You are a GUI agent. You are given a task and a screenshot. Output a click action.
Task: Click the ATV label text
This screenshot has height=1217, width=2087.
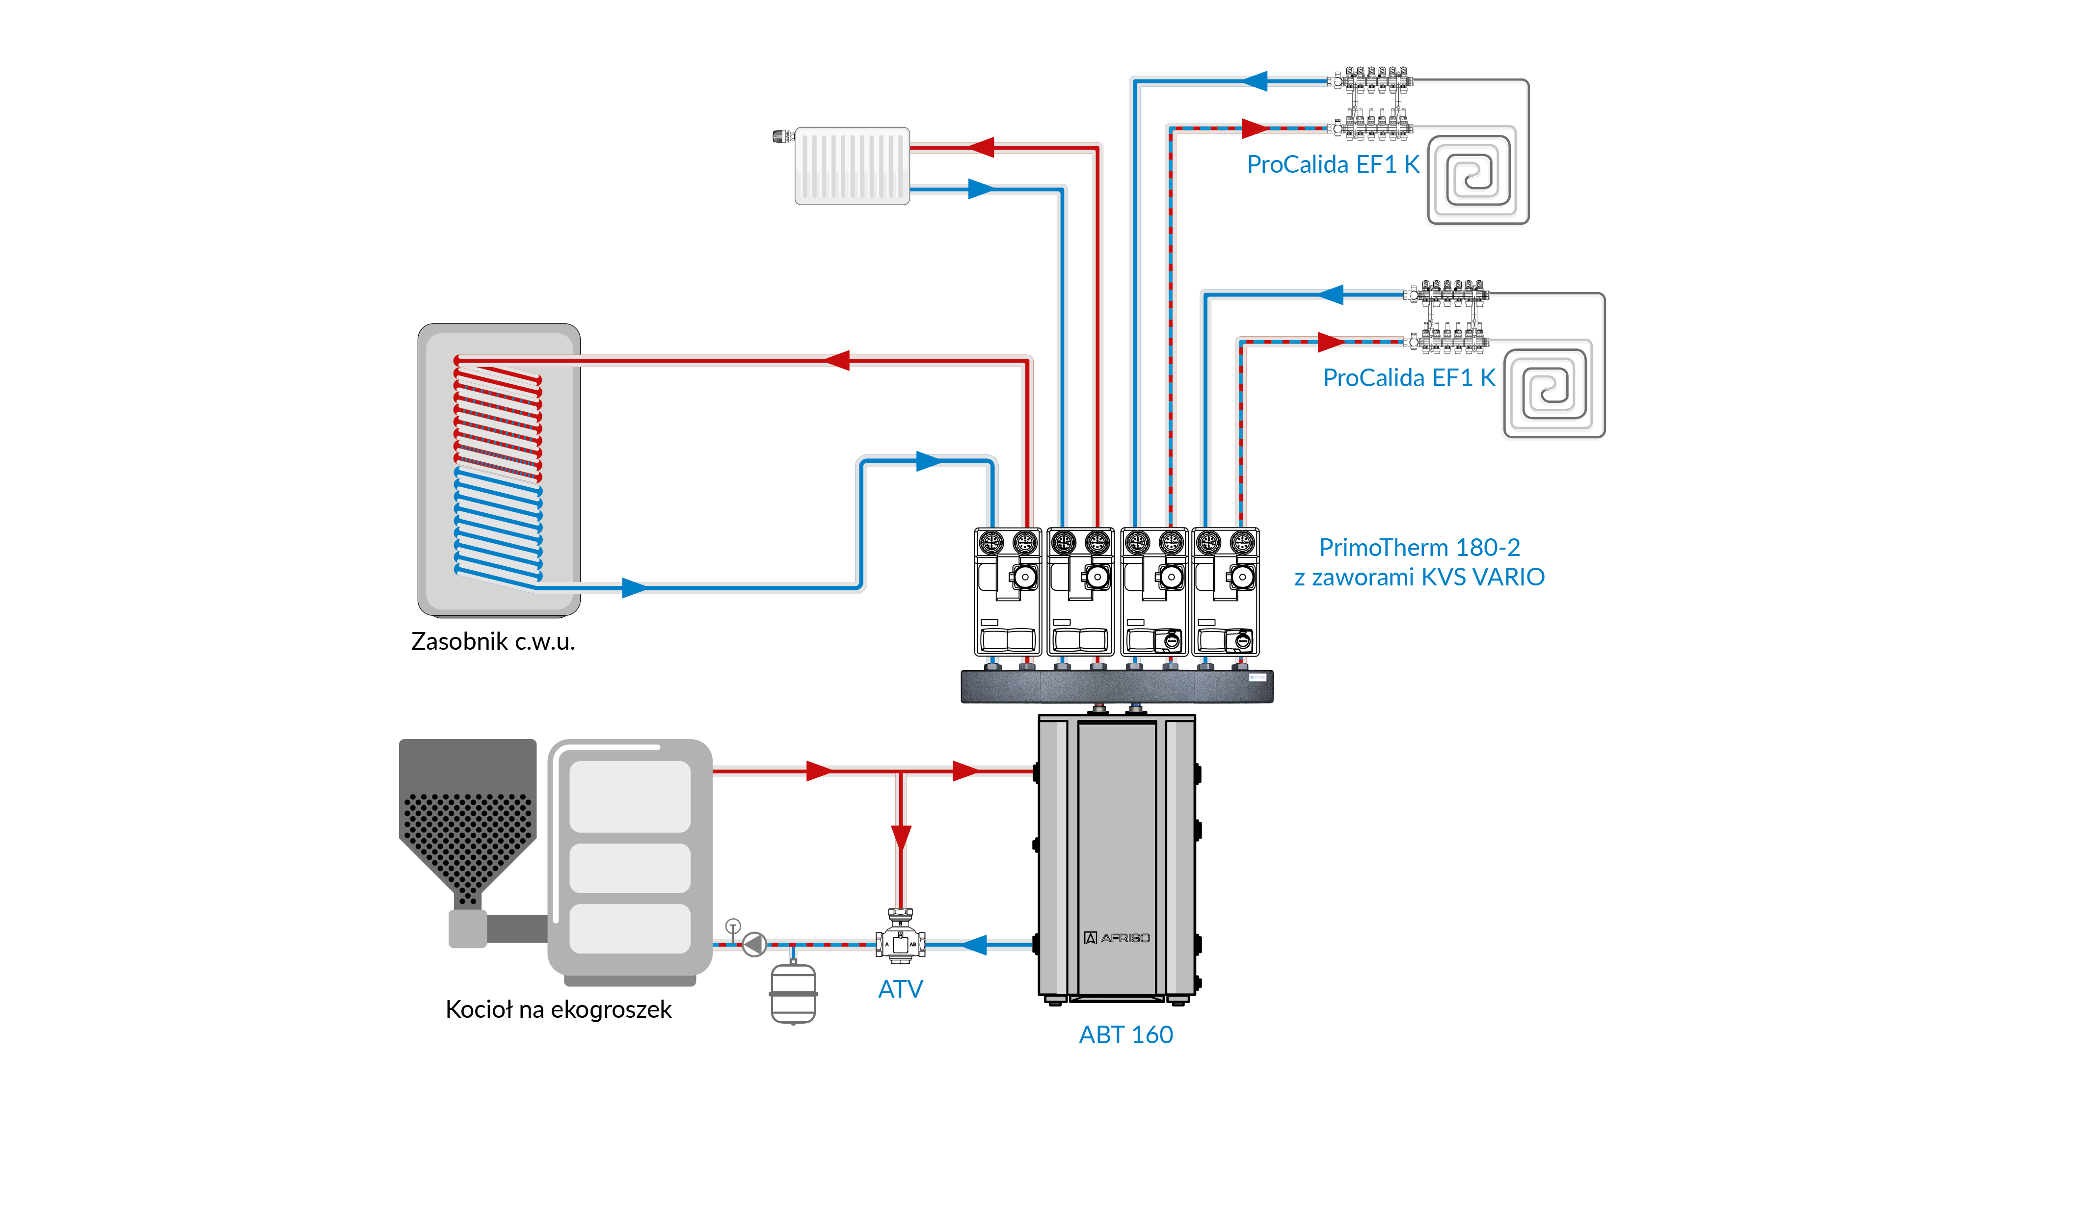(900, 989)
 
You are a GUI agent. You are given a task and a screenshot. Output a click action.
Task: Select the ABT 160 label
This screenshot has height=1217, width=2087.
(1125, 1035)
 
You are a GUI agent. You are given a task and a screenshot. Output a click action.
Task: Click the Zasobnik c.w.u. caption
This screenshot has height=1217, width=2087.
(493, 641)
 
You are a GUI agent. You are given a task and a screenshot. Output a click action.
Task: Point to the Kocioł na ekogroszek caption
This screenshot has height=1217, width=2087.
(558, 1010)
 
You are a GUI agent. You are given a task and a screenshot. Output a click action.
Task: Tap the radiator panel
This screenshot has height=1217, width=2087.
(852, 165)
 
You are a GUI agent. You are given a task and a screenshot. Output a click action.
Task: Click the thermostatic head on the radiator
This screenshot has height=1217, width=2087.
(782, 136)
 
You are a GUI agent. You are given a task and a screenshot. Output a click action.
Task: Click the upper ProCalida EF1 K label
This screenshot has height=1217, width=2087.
(1333, 165)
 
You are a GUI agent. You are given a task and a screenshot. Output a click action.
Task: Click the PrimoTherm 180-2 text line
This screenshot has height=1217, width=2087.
(1419, 547)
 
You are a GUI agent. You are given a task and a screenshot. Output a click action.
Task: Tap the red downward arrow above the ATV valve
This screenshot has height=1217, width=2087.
(901, 837)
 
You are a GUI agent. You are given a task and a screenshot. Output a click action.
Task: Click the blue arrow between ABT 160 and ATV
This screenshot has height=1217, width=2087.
(975, 945)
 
